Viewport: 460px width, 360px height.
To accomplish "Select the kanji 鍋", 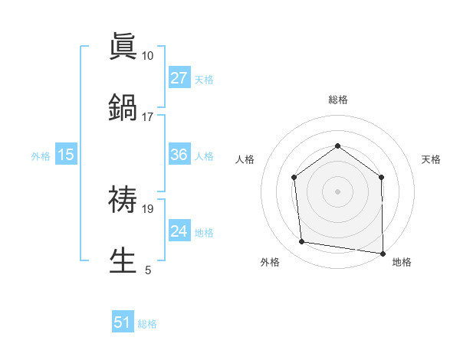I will click(x=123, y=107).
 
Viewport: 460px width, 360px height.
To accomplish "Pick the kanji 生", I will click(x=123, y=260).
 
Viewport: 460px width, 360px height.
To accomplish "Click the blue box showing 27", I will click(x=179, y=78).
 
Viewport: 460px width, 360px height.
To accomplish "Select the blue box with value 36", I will click(x=179, y=155).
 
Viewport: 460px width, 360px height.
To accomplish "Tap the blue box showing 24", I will click(x=179, y=231).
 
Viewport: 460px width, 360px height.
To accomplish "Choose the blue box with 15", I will click(x=66, y=155).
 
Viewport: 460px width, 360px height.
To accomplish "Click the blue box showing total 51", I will click(x=123, y=322).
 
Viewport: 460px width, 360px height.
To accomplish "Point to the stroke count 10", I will click(x=148, y=56).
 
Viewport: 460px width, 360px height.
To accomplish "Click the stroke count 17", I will click(x=148, y=117).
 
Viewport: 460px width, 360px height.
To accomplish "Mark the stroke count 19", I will click(x=148, y=208).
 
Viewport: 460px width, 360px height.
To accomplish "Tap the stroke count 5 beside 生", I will click(x=148, y=270).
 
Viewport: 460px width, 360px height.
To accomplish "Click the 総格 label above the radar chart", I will click(x=337, y=100).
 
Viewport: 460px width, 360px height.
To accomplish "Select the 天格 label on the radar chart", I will click(x=432, y=159).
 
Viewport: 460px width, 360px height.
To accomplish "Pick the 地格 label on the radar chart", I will click(x=402, y=262).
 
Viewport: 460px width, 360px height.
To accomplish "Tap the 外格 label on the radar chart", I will click(x=270, y=262).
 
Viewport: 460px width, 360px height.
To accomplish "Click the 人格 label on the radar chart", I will click(x=245, y=159).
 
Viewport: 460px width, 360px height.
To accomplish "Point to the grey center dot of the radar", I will click(x=337, y=191).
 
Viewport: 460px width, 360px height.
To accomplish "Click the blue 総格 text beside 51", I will click(x=147, y=324).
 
